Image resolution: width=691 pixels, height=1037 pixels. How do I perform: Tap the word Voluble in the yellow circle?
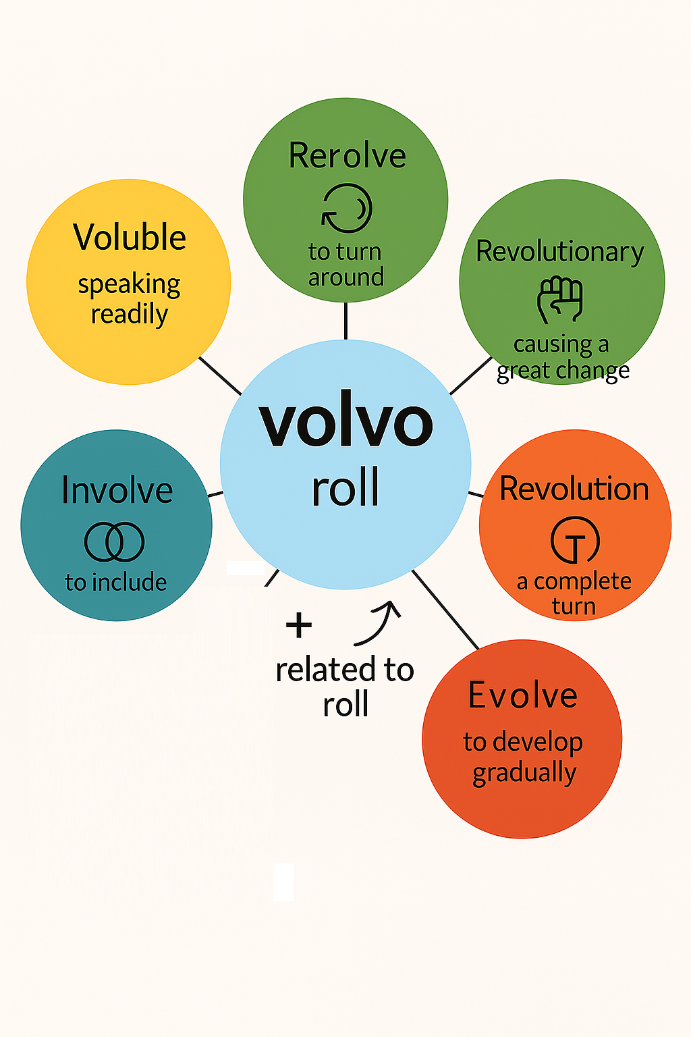[x=130, y=238]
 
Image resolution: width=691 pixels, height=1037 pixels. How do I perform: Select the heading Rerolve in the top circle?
[x=347, y=156]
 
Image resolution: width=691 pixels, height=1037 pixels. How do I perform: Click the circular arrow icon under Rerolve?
[x=347, y=209]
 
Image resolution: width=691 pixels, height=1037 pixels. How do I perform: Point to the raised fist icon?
[x=560, y=299]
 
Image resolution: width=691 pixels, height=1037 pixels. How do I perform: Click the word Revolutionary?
[x=560, y=252]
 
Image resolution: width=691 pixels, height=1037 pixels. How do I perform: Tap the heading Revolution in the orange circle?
[x=574, y=489]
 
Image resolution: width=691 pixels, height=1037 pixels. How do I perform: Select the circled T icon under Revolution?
[x=575, y=540]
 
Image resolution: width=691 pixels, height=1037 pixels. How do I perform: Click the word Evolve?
[x=523, y=695]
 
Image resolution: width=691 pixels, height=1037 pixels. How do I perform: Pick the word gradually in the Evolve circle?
[x=524, y=773]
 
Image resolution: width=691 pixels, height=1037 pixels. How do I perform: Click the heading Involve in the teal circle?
[x=117, y=490]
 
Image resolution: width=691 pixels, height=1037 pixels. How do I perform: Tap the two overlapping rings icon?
[x=114, y=541]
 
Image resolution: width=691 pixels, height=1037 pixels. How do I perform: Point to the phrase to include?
[x=115, y=582]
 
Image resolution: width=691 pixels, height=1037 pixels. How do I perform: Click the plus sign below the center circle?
[x=299, y=625]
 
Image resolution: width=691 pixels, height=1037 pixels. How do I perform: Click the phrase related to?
[x=345, y=670]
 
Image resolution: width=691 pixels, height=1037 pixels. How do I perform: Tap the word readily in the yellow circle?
[x=130, y=315]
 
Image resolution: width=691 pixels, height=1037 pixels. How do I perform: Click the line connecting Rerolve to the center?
[x=345, y=321]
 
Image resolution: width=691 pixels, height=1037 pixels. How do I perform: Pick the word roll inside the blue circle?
[x=345, y=487]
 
